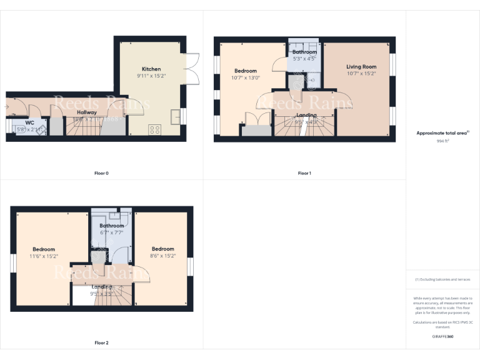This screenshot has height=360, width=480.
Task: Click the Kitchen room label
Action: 151,69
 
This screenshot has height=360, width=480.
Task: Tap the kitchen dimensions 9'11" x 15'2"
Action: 151,76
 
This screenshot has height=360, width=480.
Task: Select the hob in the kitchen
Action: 154,130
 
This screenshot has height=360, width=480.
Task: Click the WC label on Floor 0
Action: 29,122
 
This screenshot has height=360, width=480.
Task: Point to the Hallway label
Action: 87,112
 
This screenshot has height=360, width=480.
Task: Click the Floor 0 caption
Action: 101,173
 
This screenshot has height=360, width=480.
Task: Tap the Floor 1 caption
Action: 304,173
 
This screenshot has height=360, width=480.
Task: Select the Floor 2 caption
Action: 101,342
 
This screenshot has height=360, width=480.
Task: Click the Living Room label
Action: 361,66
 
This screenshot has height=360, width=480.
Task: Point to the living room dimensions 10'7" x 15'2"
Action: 361,73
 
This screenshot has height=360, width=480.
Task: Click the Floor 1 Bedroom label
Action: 246,71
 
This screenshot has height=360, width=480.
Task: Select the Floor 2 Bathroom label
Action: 112,226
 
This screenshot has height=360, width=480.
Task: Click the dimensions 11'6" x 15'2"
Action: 44,256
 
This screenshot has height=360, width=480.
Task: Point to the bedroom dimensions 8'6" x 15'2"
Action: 162,256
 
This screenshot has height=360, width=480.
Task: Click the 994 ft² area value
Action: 442,141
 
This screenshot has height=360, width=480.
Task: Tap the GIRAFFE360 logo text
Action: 442,337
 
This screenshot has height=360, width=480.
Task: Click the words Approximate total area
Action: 441,133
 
